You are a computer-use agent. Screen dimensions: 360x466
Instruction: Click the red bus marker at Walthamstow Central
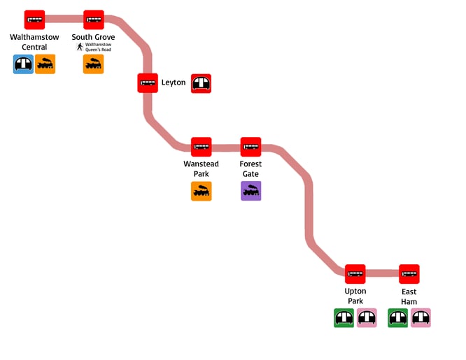pyautogui.click(x=34, y=20)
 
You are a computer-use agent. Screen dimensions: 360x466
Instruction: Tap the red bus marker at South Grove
pyautogui.click(x=94, y=20)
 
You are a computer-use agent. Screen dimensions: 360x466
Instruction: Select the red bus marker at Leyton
pyautogui.click(x=148, y=82)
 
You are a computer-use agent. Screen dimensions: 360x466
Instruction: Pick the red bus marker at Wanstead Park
pyautogui.click(x=202, y=147)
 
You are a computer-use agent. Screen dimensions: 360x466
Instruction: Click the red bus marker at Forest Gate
pyautogui.click(x=250, y=147)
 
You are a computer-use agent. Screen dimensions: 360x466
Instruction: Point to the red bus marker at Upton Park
pyautogui.click(x=355, y=274)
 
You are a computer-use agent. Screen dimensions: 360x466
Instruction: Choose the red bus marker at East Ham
pyautogui.click(x=409, y=274)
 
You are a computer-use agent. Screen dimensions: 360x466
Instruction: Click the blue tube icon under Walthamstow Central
pyautogui.click(x=24, y=65)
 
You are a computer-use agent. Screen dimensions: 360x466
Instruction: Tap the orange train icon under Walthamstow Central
pyautogui.click(x=45, y=65)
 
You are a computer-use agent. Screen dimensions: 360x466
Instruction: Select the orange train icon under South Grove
pyautogui.click(x=94, y=65)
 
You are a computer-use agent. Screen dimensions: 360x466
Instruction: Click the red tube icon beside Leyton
pyautogui.click(x=202, y=83)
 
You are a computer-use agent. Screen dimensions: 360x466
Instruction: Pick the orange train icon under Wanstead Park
pyautogui.click(x=202, y=191)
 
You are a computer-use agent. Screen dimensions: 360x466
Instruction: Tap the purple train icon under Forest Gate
pyautogui.click(x=250, y=191)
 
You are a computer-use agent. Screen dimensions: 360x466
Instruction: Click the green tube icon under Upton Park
pyautogui.click(x=344, y=318)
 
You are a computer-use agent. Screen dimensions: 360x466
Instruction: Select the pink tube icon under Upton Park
pyautogui.click(x=367, y=318)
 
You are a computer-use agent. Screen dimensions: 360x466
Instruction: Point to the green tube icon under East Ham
pyautogui.click(x=398, y=318)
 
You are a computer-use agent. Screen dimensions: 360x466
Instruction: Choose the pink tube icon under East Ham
pyautogui.click(x=421, y=318)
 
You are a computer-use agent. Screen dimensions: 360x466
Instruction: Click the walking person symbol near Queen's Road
pyautogui.click(x=80, y=48)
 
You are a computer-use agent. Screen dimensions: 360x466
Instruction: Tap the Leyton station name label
pyautogui.click(x=174, y=82)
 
